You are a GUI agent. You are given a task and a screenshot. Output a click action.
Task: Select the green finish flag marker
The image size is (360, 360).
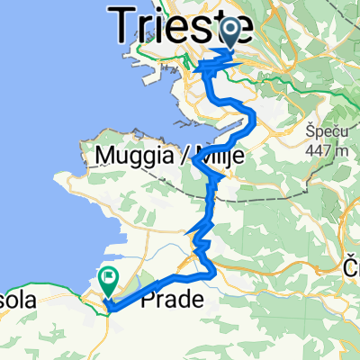[108, 281]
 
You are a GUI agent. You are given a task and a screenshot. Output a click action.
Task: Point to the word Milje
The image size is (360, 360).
[214, 158]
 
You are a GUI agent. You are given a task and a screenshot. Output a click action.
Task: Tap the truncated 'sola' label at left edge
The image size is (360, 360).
[16, 302]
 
